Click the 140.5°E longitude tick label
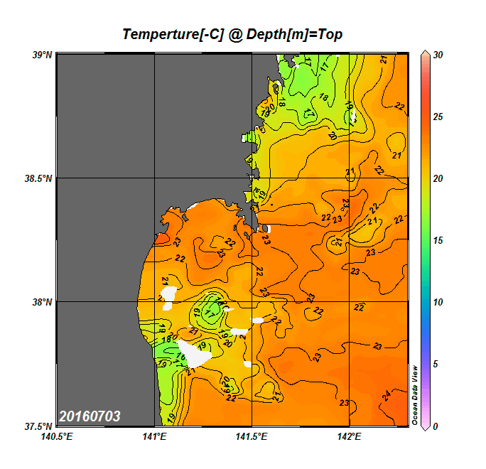[x=57, y=436]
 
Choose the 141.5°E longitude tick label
[x=252, y=436]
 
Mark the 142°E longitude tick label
[x=350, y=436]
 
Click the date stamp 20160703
[x=90, y=416]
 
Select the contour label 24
[x=387, y=395]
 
